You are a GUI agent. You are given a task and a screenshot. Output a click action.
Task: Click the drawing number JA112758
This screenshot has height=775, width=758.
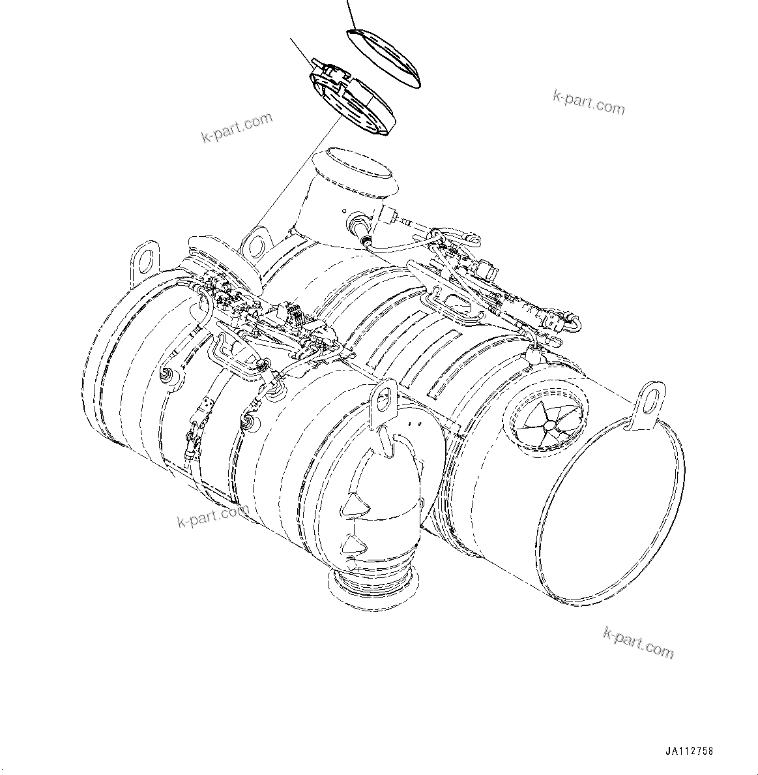pyautogui.click(x=690, y=751)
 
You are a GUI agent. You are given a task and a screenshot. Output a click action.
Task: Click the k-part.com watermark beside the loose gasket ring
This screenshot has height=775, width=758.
pyautogui.click(x=589, y=102)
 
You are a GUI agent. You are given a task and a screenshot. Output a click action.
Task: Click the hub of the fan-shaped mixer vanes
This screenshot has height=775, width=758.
pyautogui.click(x=550, y=425)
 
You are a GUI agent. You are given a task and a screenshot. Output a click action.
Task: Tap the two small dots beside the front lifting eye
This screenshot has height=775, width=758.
pyautogui.click(x=410, y=424)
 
